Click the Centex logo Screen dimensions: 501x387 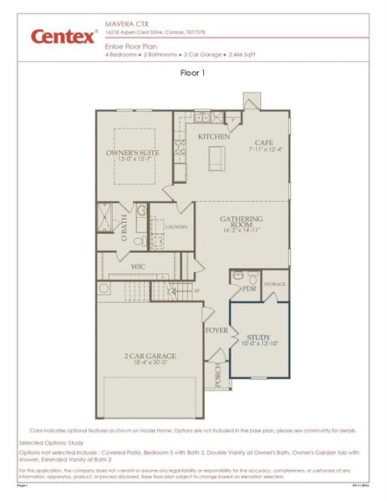click(64, 36)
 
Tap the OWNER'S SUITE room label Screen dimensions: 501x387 click(132, 153)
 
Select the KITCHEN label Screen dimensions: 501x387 click(214, 136)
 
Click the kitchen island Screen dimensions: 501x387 click(217, 158)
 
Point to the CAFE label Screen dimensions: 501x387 click(264, 142)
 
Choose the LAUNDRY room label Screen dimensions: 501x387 click(176, 226)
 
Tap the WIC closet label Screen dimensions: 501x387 click(140, 266)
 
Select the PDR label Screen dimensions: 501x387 click(248, 289)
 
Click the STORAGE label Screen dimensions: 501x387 click(275, 284)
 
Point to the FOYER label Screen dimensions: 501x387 click(216, 330)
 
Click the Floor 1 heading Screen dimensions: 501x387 click(193, 73)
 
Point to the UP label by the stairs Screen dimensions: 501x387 click(197, 291)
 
